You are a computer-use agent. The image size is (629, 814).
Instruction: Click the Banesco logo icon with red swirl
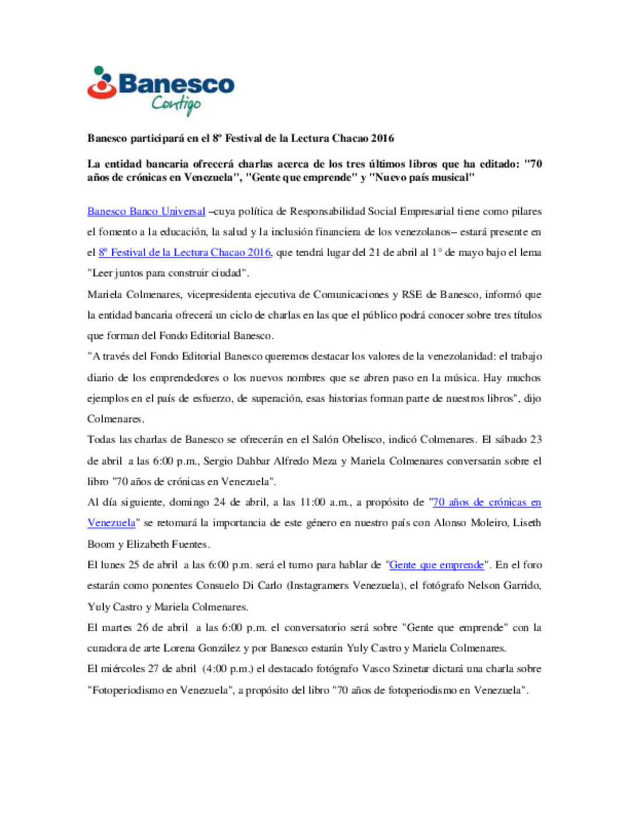101,83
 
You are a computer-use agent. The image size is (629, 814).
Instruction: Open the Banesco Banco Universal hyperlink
146,211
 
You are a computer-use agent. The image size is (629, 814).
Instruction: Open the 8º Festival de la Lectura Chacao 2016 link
185,253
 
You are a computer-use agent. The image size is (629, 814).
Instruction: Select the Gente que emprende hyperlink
436,565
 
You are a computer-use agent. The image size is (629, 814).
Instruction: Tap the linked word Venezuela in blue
111,523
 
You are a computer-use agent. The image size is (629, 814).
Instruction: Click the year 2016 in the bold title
382,139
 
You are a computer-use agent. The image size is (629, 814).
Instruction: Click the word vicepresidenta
220,295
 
